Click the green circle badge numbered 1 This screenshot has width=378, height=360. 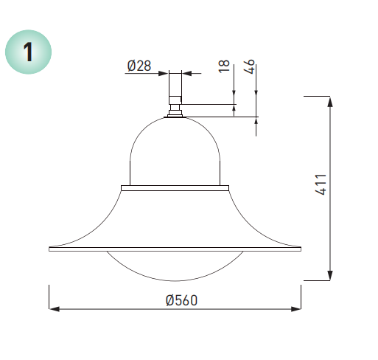click(x=29, y=52)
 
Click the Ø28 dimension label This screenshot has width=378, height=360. click(x=139, y=66)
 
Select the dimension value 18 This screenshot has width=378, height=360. click(x=225, y=66)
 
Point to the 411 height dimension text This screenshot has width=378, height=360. click(x=321, y=184)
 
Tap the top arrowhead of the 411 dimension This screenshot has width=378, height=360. click(x=329, y=100)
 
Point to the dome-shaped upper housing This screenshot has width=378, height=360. click(x=175, y=151)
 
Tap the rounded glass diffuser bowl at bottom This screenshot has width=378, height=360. click(x=175, y=267)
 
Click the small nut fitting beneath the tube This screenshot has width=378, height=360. click(x=175, y=111)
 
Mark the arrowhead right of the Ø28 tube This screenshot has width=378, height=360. click(x=186, y=73)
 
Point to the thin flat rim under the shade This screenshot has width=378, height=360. click(x=175, y=250)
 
